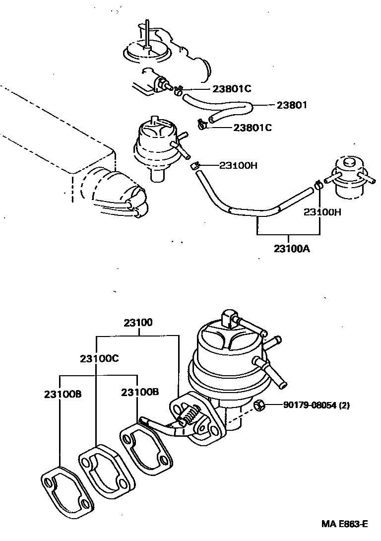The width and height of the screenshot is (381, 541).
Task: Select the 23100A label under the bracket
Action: tap(291, 248)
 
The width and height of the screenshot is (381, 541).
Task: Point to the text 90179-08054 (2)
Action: tap(317, 406)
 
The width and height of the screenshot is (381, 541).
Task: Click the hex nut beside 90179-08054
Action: tap(258, 406)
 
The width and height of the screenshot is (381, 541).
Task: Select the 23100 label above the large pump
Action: tap(138, 323)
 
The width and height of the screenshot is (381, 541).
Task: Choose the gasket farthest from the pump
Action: tap(65, 489)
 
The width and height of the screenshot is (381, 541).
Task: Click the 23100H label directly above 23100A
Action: tap(322, 212)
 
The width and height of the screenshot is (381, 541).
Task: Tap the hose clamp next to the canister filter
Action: tap(318, 186)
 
